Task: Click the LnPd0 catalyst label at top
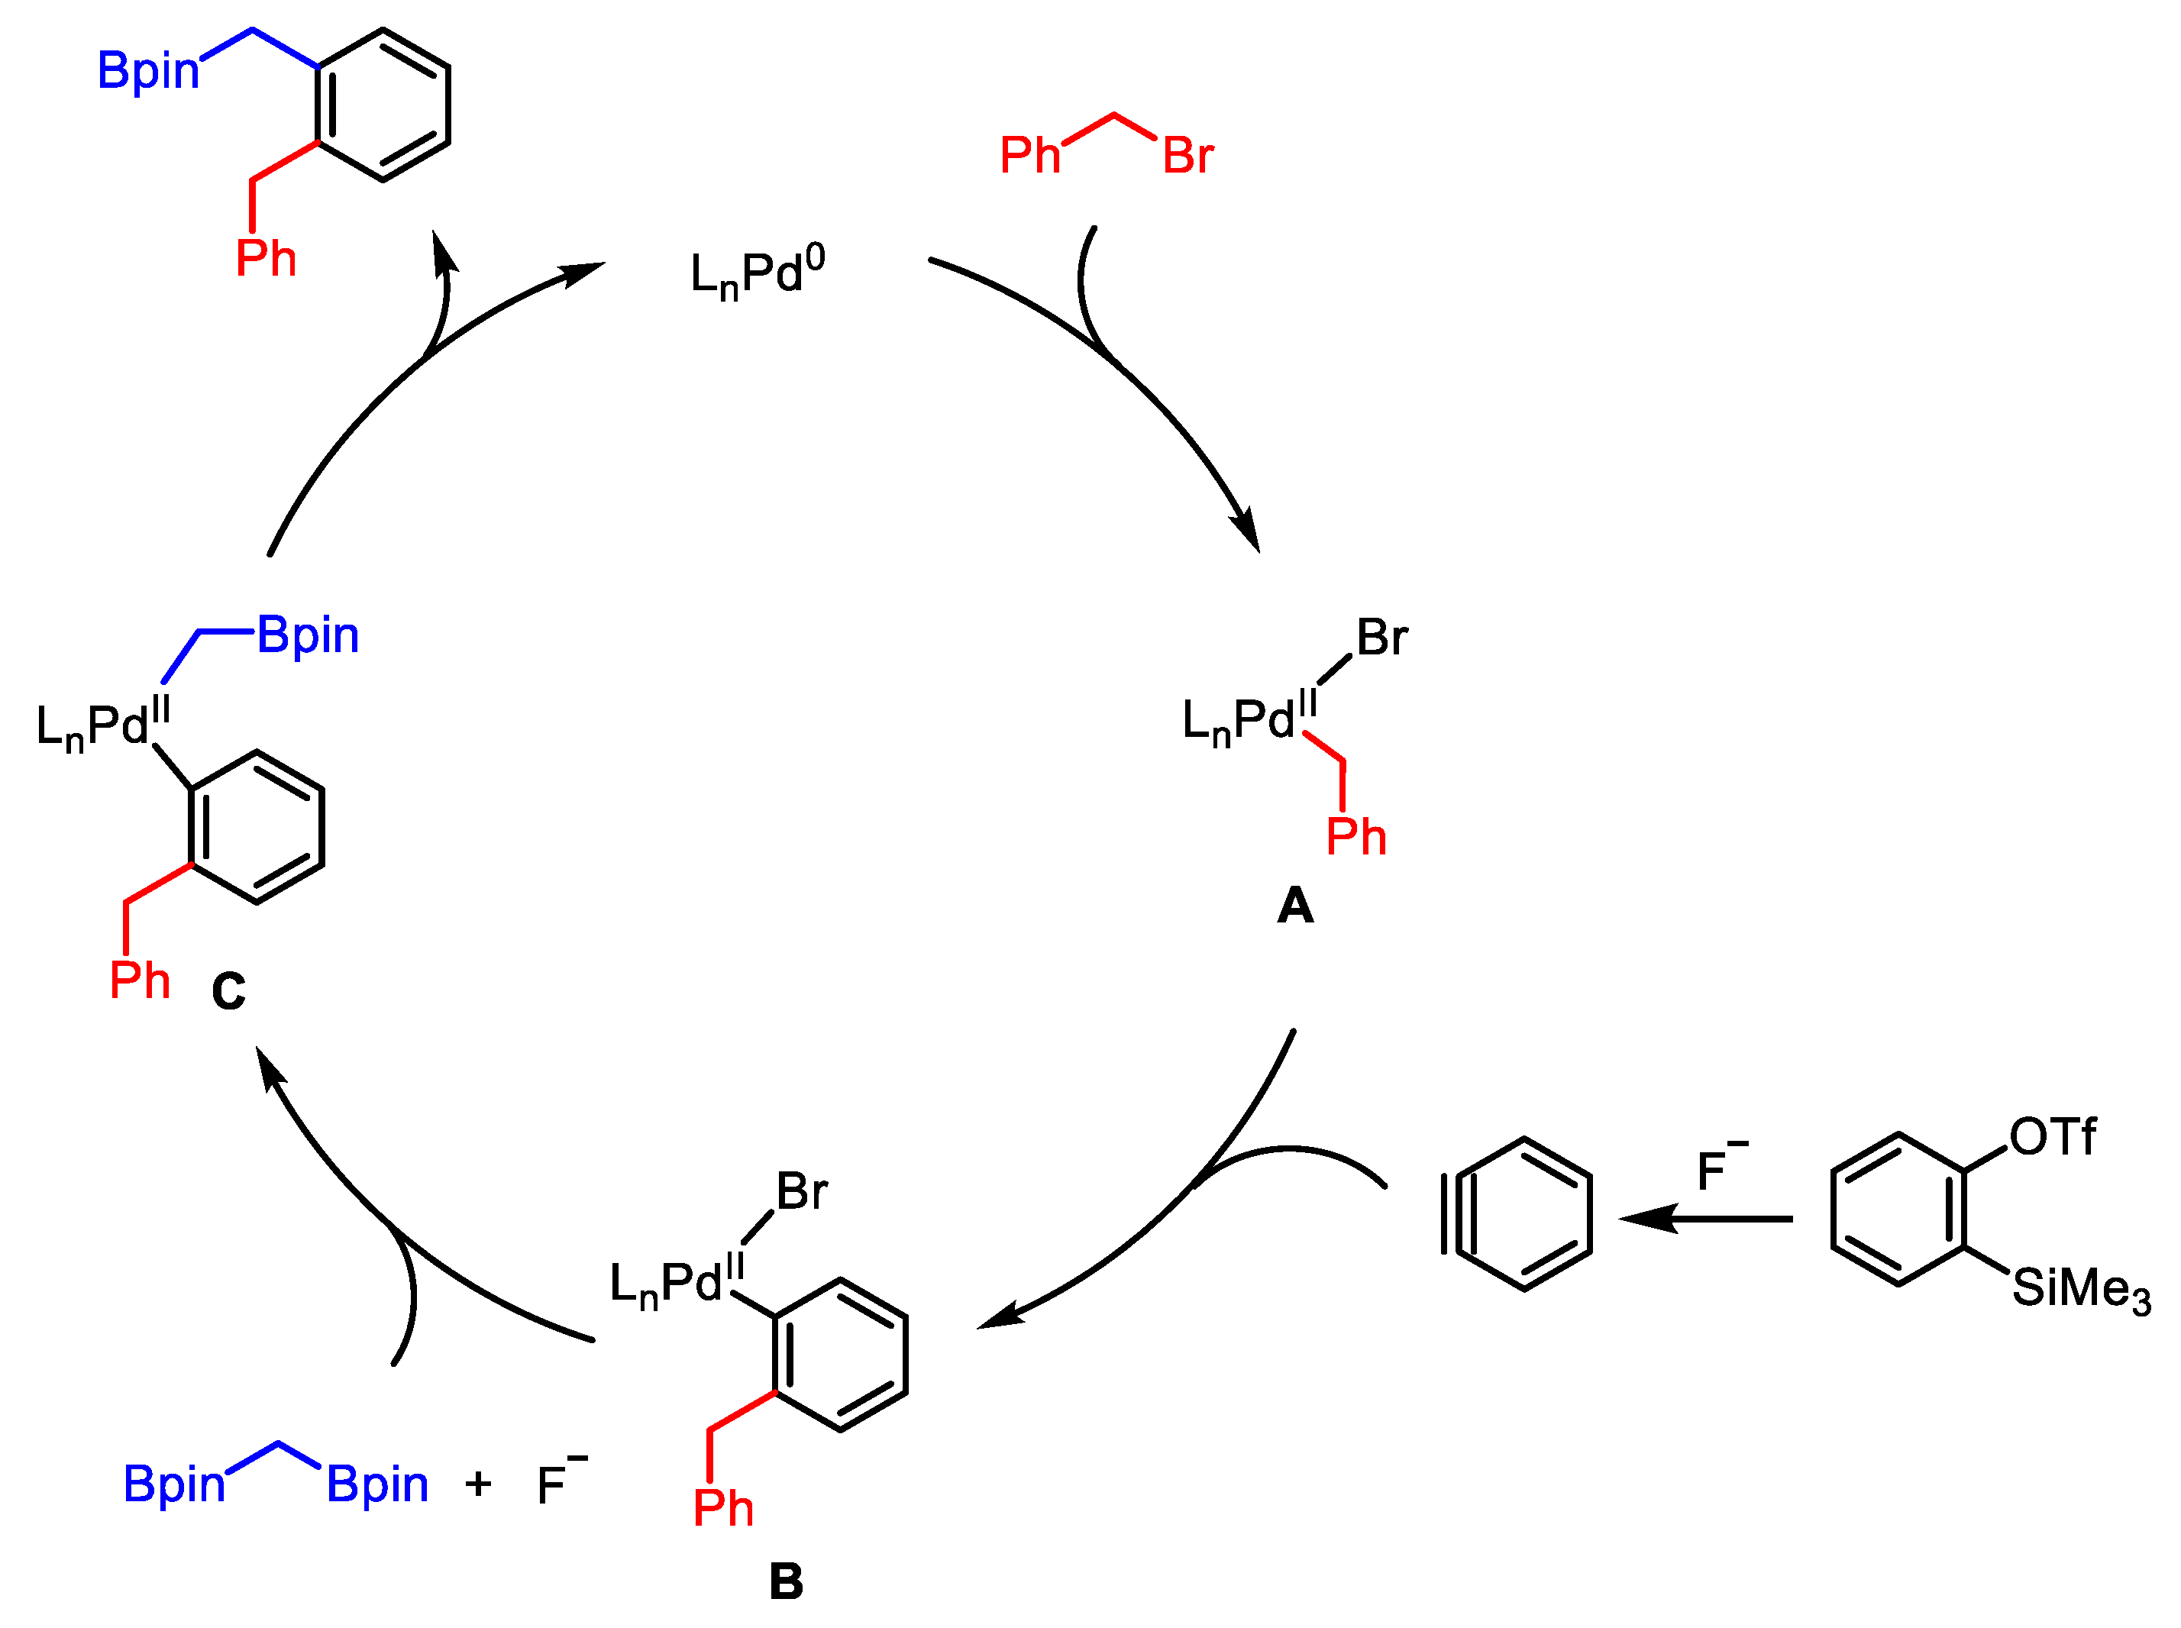757,272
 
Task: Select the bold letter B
786,1581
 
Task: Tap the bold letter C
228,991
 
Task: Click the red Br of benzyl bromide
1187,156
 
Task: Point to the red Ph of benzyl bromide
1030,156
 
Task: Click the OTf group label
2052,1136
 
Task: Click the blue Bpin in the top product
148,71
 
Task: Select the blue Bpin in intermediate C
308,635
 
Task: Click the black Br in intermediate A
1381,638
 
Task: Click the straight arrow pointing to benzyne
1705,1219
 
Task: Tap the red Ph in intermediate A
1356,837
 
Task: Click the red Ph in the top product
266,258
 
